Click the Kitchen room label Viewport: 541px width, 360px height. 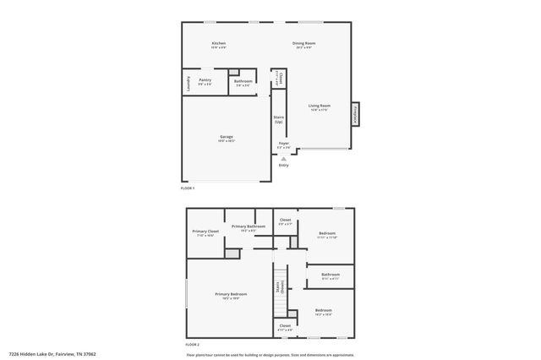click(x=219, y=43)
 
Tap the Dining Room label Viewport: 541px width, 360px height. click(x=303, y=43)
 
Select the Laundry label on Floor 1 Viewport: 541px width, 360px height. click(x=188, y=83)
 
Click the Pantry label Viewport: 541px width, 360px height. click(x=205, y=81)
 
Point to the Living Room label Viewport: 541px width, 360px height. click(x=320, y=106)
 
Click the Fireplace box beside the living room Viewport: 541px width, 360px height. click(x=356, y=112)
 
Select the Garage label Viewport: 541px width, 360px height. click(x=227, y=136)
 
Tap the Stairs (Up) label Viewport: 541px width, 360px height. click(x=278, y=120)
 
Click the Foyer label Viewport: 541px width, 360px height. click(x=284, y=144)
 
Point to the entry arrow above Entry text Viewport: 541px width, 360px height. click(x=284, y=158)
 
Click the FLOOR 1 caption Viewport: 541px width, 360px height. click(x=188, y=187)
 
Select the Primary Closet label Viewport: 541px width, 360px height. click(x=205, y=232)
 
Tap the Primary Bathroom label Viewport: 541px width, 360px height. click(x=249, y=226)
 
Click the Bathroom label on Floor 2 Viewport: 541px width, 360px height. click(x=330, y=274)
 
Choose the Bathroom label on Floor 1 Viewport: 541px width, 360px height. click(x=243, y=81)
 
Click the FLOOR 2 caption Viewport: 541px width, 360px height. click(x=191, y=344)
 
